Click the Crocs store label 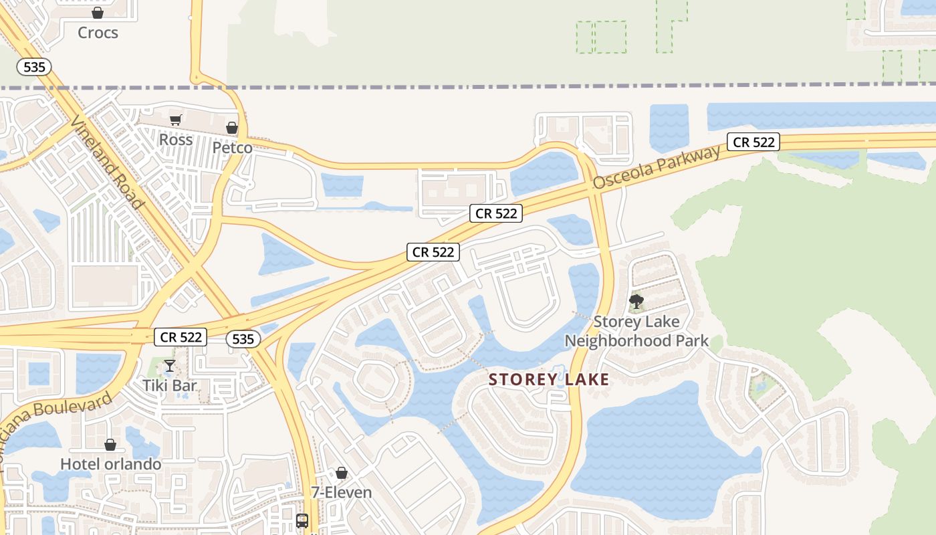click(x=98, y=33)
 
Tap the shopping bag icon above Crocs click(x=98, y=13)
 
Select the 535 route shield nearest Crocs click(x=34, y=67)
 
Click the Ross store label click(x=176, y=140)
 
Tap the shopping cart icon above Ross click(x=175, y=120)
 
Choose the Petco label click(x=232, y=147)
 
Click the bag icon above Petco click(x=232, y=127)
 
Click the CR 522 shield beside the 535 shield click(x=181, y=337)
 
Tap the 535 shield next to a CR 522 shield click(x=243, y=339)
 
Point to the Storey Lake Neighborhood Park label click(x=636, y=331)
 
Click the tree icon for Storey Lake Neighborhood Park click(x=636, y=302)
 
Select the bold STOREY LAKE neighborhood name click(x=549, y=380)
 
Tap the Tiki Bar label click(x=170, y=385)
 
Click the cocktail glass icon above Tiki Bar click(x=170, y=365)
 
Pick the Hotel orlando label click(x=110, y=464)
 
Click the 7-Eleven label click(x=342, y=493)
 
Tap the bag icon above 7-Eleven click(x=342, y=473)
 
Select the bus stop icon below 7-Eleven click(x=302, y=520)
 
